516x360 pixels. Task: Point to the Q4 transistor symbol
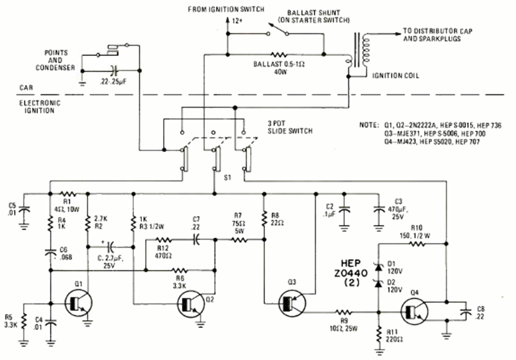[414, 309]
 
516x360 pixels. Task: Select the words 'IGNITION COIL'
[397, 75]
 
